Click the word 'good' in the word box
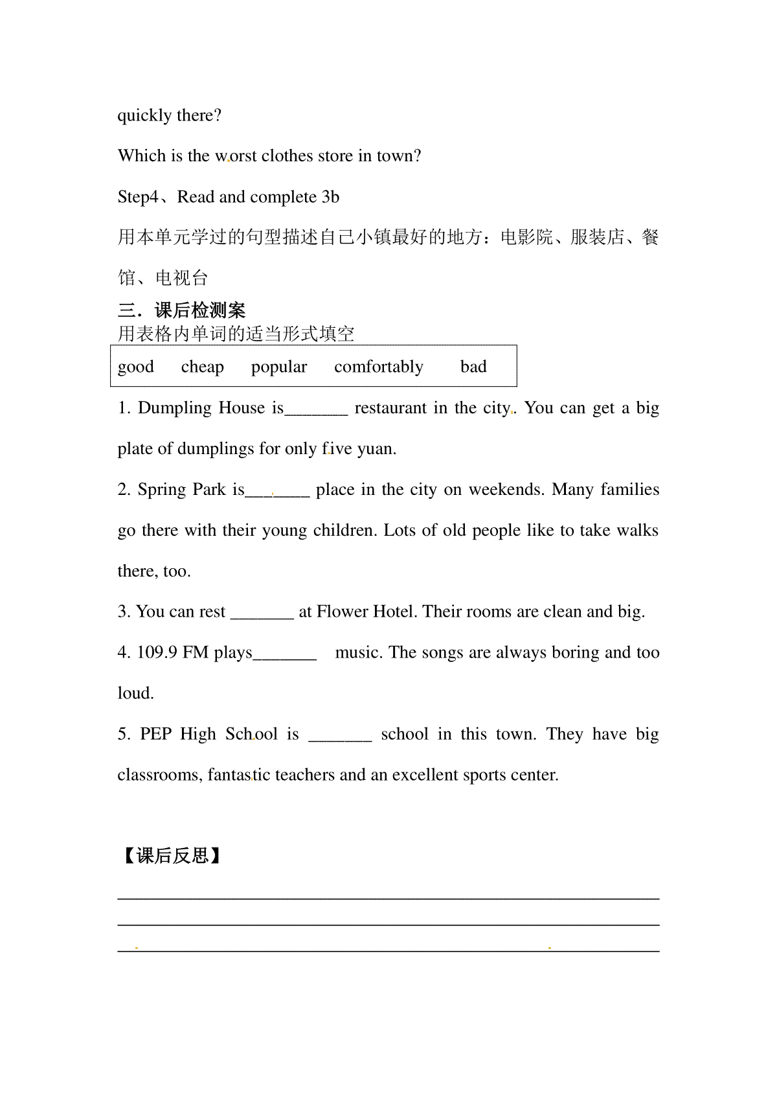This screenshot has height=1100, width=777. click(136, 367)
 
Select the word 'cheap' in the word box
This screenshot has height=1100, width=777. click(202, 367)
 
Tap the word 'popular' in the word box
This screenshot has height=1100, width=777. click(279, 367)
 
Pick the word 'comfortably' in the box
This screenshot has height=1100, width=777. click(378, 367)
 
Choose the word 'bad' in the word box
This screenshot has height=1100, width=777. click(473, 367)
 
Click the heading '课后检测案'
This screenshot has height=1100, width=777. click(200, 310)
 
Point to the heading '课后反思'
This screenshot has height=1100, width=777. click(173, 856)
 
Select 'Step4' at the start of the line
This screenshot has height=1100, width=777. click(138, 197)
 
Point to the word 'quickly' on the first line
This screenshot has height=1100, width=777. click(144, 116)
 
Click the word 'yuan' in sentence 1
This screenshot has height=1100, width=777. click(375, 449)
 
